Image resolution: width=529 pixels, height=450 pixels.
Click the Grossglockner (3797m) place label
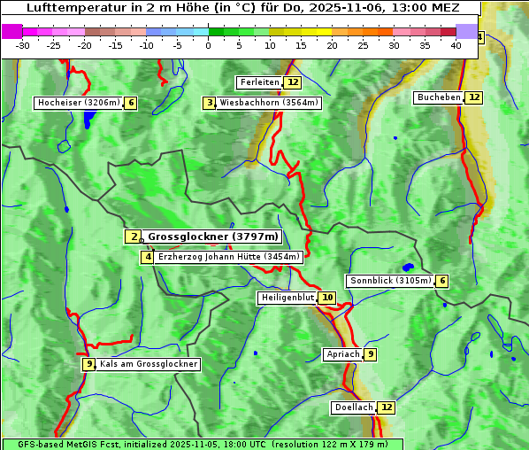click(x=212, y=237)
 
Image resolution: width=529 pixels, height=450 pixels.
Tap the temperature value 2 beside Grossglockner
click(x=133, y=237)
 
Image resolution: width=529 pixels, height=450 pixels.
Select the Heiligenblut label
click(x=287, y=298)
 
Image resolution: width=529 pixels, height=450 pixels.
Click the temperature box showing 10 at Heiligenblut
click(x=327, y=298)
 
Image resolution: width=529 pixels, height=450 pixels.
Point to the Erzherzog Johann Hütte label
click(x=229, y=257)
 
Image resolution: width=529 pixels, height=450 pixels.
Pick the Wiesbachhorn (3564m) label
click(x=269, y=103)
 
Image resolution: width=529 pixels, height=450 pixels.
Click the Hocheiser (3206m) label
click(x=78, y=103)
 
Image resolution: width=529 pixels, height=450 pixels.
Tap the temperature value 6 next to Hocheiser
click(x=131, y=103)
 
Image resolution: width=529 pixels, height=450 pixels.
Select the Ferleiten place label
click(x=259, y=82)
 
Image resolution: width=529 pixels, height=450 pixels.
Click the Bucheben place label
click(x=439, y=97)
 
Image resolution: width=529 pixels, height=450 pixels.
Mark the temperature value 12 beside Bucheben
click(x=474, y=97)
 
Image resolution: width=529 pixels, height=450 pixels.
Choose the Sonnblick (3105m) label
click(x=390, y=281)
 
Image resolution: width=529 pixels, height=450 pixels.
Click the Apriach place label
click(x=342, y=354)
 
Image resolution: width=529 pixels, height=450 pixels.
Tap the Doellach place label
click(x=353, y=407)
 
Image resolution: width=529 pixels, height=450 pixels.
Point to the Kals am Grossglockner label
click(x=148, y=364)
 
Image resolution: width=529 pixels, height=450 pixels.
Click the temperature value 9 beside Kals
click(x=88, y=364)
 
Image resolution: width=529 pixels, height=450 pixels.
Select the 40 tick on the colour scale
click(x=456, y=44)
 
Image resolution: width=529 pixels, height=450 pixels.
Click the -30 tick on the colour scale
click(x=23, y=44)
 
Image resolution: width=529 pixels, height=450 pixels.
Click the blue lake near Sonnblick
click(x=408, y=267)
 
